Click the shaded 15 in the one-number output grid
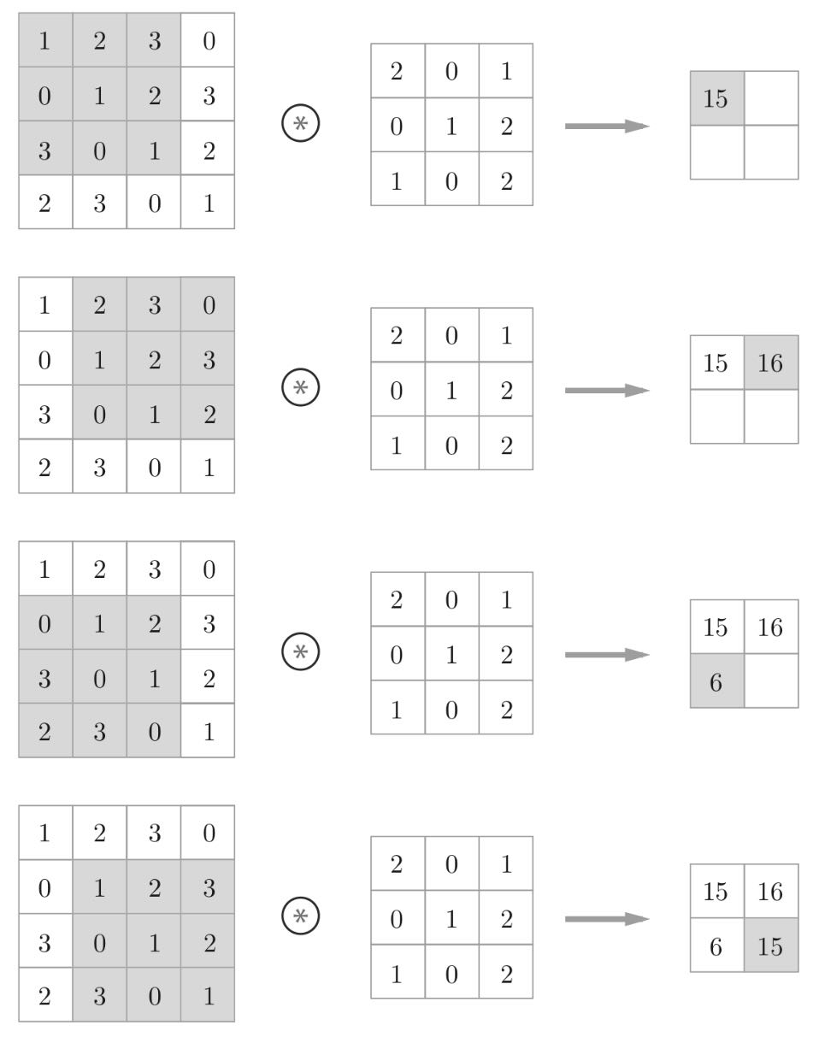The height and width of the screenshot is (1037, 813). coord(716,98)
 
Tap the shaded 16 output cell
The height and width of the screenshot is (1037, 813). coord(770,362)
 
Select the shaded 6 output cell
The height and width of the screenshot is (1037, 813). coord(716,681)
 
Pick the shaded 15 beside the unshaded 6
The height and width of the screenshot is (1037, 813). coord(770,946)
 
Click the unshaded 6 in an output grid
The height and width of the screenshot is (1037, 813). coord(716,946)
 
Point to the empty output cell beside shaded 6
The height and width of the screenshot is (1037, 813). coord(770,681)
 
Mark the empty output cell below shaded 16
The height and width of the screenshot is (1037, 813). coord(770,416)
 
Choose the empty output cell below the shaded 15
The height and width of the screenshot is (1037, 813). coord(716,152)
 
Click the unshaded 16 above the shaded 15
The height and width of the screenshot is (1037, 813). coord(770,892)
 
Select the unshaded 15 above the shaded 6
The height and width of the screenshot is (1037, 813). coord(716,628)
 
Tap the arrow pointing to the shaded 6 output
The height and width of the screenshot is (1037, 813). coord(607,655)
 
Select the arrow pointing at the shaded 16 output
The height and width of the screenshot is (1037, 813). coord(607,391)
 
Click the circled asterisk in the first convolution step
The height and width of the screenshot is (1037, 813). coord(300,124)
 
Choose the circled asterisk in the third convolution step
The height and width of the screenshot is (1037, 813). coord(300,651)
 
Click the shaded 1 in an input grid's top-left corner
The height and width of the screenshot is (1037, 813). coord(44,41)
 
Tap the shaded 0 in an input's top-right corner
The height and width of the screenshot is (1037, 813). coord(209,305)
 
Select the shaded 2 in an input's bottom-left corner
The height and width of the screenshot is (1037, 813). coord(44,732)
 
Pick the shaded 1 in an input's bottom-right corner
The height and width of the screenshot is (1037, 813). coord(209,996)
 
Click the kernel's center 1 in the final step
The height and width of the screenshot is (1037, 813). coord(451,920)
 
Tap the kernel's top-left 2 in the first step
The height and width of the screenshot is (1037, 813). coord(397,71)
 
